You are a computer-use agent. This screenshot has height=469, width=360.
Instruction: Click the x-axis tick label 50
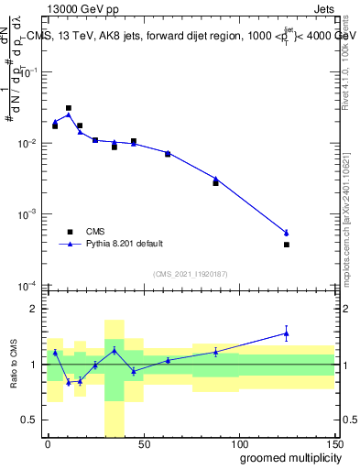coord(143,443)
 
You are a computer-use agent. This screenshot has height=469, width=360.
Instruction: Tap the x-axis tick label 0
coord(48,443)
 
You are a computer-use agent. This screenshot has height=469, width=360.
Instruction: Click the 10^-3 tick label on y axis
coord(28,214)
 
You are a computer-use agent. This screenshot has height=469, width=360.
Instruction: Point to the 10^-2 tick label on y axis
coord(28,144)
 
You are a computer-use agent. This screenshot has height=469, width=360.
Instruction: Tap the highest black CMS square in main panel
coord(69,108)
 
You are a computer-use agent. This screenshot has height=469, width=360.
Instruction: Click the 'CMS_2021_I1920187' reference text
coord(190,273)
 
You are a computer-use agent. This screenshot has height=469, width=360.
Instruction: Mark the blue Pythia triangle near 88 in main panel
coord(215,180)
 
